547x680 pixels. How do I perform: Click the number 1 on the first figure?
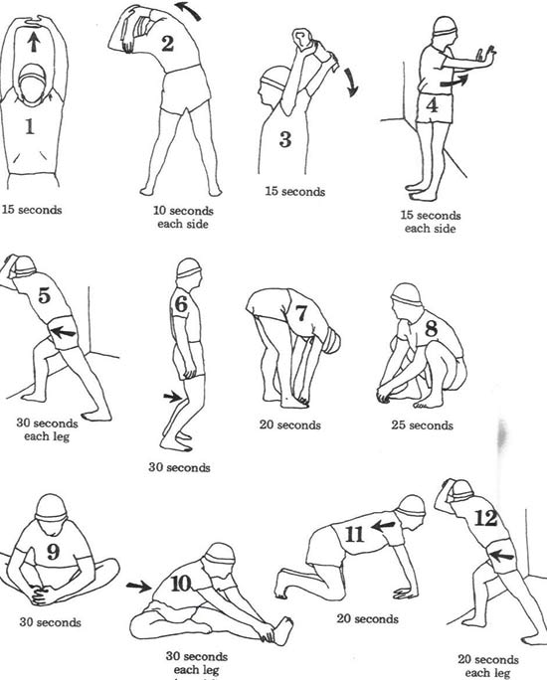29,127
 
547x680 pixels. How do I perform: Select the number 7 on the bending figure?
300,314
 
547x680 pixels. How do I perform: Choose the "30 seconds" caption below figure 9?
49,623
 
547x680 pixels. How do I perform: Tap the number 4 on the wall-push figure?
431,104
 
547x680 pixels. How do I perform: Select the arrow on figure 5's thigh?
65,332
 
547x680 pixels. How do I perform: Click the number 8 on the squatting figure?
431,327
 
